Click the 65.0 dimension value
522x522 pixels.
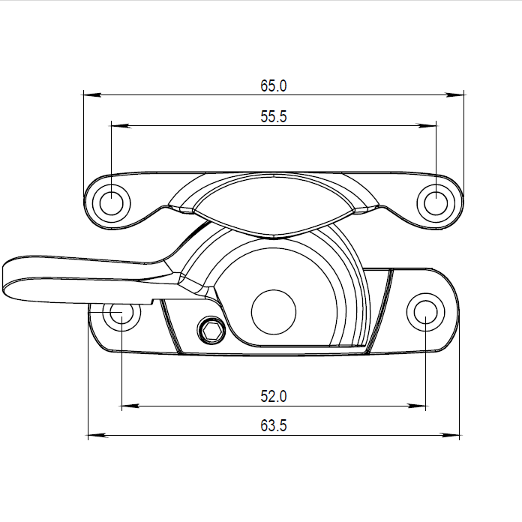[274, 85]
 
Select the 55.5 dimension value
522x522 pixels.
[274, 116]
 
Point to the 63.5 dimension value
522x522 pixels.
[274, 425]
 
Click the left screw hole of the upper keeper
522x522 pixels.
[111, 201]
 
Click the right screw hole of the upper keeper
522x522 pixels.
[436, 201]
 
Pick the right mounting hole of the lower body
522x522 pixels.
[425, 311]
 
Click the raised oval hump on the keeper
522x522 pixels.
[274, 201]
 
